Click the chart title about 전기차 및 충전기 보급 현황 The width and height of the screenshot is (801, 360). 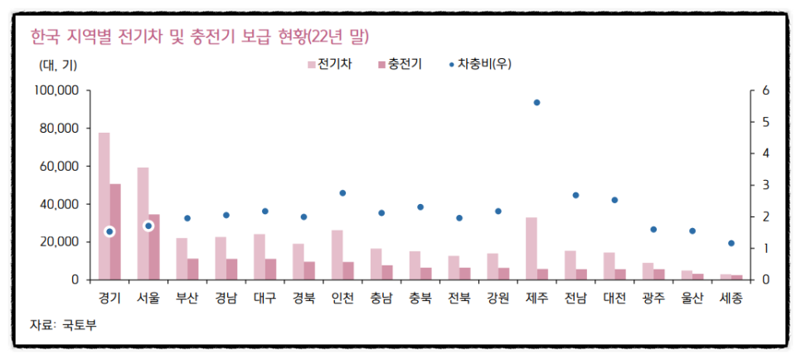199,36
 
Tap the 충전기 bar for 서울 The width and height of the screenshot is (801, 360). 154,246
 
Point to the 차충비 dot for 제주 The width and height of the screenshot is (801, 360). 536,102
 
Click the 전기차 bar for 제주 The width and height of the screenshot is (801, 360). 532,248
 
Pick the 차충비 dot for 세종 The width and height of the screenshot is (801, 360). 731,243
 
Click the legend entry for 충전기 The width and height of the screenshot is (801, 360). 400,64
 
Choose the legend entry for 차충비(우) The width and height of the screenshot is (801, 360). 479,64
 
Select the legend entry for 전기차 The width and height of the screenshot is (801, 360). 329,64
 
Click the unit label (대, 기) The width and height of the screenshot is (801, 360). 57,64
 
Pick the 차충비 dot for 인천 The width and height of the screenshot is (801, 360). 342,193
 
